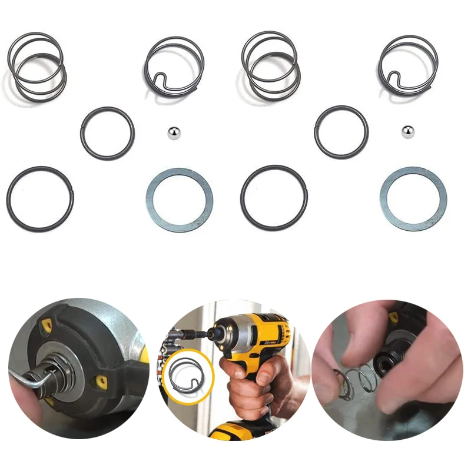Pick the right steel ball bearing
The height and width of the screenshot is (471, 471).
pos(406,132)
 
